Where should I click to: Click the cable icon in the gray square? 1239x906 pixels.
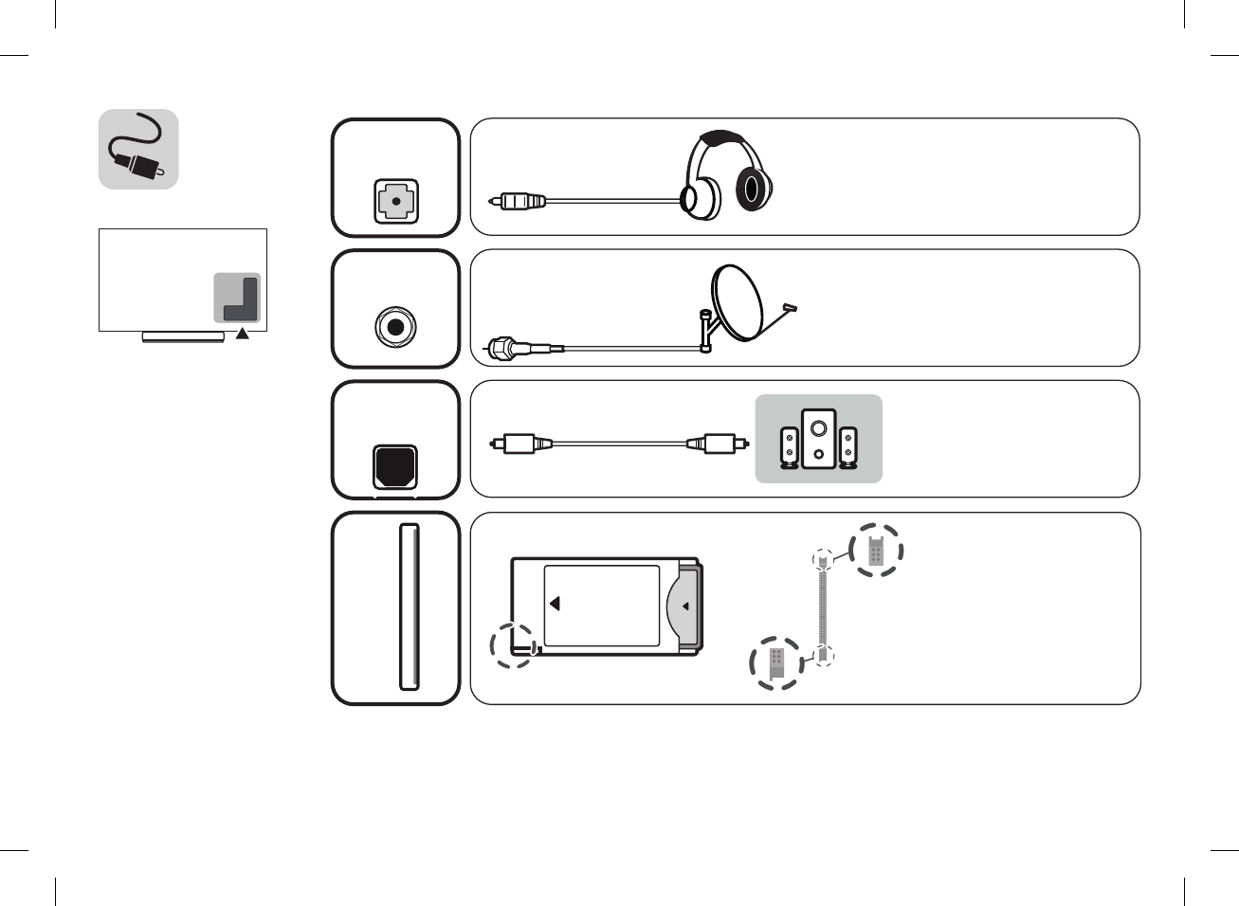(x=138, y=150)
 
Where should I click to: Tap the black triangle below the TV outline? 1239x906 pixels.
(x=243, y=333)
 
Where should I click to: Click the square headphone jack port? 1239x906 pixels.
(x=395, y=202)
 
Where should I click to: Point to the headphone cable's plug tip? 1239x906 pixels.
(x=495, y=201)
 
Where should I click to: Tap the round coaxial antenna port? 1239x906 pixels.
(x=395, y=327)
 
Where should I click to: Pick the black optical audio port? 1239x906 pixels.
(x=395, y=465)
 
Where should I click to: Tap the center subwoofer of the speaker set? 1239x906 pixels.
(x=818, y=439)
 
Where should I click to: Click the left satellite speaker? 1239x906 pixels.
(x=789, y=448)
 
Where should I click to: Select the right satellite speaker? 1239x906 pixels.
(x=847, y=448)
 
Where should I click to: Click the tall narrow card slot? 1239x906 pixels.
(x=409, y=607)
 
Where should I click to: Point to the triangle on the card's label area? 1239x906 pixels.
(x=555, y=603)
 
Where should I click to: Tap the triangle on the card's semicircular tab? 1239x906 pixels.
(x=685, y=607)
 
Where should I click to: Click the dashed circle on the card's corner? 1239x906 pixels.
(x=513, y=645)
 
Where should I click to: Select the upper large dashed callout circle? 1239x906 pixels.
(x=876, y=550)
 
